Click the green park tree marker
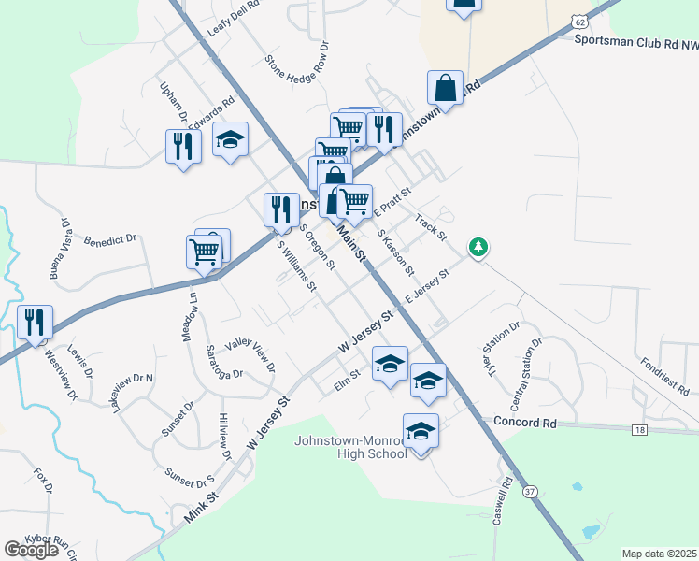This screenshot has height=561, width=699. pyautogui.click(x=478, y=247)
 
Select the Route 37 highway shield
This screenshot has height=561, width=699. pyautogui.click(x=531, y=491)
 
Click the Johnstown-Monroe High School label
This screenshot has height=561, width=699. pyautogui.click(x=350, y=447)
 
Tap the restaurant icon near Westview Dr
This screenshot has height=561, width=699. pyautogui.click(x=35, y=323)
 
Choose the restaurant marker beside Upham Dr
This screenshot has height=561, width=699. pyautogui.click(x=183, y=146)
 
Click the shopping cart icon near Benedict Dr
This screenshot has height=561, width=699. pyautogui.click(x=205, y=251)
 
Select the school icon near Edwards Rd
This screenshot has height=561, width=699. pyautogui.click(x=230, y=140)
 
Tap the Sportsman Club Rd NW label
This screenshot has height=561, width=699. pyautogui.click(x=635, y=41)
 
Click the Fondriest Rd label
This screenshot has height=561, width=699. pyautogui.click(x=665, y=373)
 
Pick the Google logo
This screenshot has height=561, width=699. pyautogui.click(x=32, y=549)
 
